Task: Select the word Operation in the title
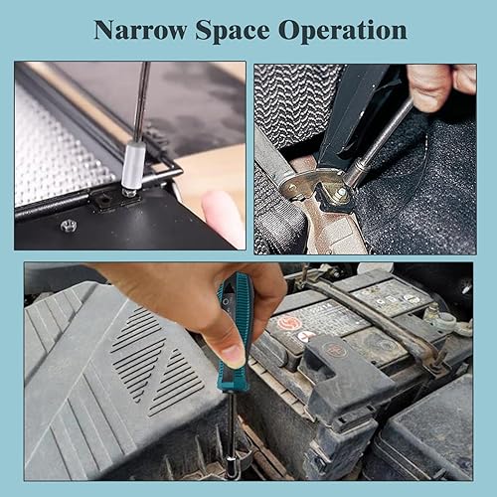(x=349, y=31)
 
